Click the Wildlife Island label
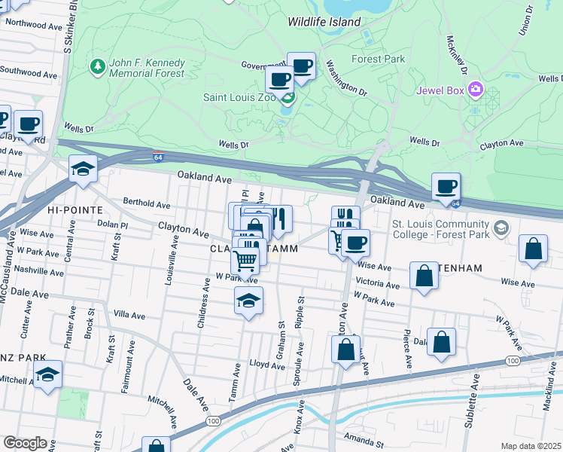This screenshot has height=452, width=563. coord(324,22)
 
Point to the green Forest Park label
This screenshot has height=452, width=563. coord(378,59)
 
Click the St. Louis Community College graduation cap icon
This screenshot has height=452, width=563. coord(501,228)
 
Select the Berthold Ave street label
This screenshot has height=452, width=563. coord(148,203)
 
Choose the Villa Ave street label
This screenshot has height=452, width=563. coord(129,313)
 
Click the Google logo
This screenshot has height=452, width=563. coord(25,443)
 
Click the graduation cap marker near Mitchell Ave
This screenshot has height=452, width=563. coord(47,374)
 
